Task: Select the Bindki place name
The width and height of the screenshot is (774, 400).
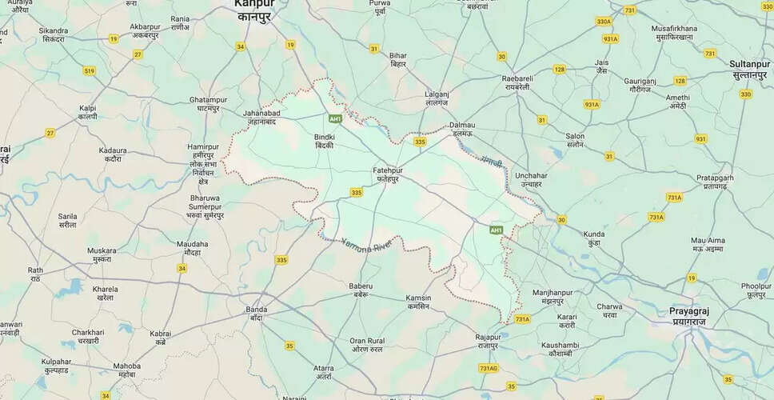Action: click(x=325, y=142)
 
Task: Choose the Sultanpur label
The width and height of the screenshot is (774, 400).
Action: click(x=749, y=67)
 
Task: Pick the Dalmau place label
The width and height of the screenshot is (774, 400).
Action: click(x=462, y=129)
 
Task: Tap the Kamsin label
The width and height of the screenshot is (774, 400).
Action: click(x=417, y=302)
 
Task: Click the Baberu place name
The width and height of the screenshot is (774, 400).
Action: click(x=361, y=290)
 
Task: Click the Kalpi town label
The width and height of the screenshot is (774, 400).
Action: click(x=87, y=112)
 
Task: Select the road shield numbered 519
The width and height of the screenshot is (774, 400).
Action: click(x=89, y=71)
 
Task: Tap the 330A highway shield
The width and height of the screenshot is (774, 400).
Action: click(x=603, y=22)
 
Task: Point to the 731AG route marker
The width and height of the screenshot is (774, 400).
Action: click(x=489, y=367)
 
